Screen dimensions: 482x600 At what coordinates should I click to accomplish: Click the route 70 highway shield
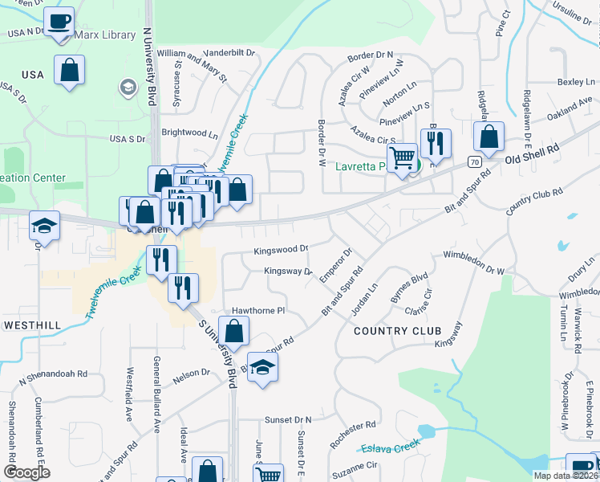(476, 162)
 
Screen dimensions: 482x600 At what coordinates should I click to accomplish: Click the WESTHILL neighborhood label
(32, 325)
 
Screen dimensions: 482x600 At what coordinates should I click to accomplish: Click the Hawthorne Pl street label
(258, 310)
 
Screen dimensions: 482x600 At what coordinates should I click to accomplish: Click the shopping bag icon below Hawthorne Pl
(233, 330)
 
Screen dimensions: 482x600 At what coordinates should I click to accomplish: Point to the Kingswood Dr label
(281, 251)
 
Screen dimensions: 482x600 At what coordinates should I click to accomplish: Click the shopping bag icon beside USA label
(70, 69)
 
